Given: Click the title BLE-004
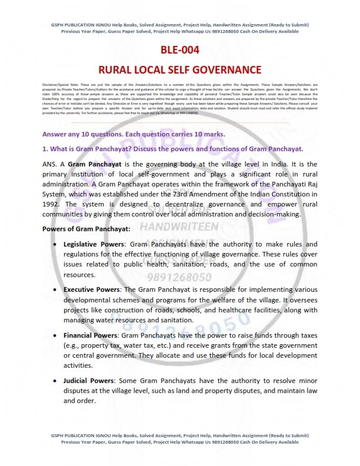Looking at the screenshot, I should tap(179, 50).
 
